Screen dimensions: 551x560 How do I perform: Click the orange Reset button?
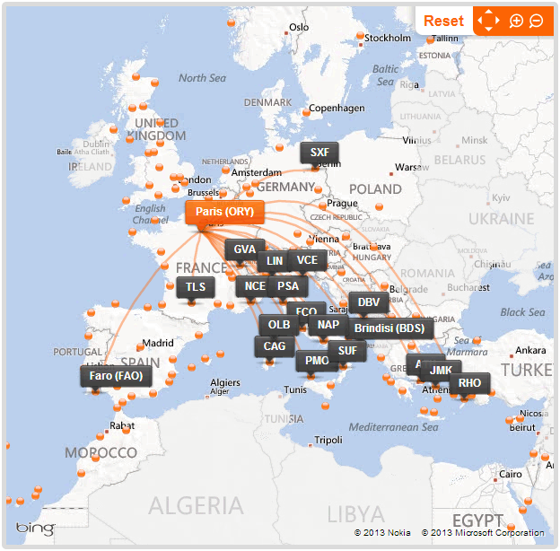click(443, 21)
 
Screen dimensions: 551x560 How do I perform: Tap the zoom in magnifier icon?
click(516, 21)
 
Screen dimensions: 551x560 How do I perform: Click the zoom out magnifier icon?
click(536, 21)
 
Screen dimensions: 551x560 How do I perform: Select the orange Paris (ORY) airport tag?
click(225, 212)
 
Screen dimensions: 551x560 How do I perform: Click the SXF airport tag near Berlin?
click(319, 153)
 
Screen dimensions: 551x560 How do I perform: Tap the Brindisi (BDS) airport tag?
click(389, 328)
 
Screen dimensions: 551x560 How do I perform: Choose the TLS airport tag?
click(196, 287)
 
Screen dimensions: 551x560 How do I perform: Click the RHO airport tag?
click(469, 383)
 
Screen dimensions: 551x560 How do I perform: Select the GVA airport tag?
click(244, 249)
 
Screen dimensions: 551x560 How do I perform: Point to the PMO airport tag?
click(317, 361)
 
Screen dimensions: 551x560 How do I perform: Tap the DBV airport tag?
click(369, 302)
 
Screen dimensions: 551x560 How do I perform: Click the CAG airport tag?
click(275, 345)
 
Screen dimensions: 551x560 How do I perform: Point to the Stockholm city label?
click(388, 38)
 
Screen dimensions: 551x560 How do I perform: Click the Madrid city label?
click(157, 343)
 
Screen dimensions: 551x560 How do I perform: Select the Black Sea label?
click(522, 312)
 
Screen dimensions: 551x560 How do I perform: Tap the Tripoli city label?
click(328, 440)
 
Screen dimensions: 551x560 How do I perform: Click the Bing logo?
click(35, 529)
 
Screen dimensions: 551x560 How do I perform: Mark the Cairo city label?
click(511, 474)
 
